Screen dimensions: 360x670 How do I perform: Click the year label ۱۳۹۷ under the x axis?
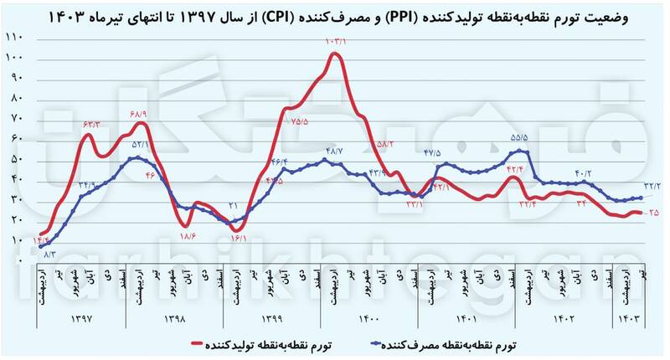pos(82,320)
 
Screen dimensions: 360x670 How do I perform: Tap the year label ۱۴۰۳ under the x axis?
pos(629,320)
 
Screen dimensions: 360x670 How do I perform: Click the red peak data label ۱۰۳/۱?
pos(335,41)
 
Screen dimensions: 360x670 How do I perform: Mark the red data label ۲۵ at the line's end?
pos(652,213)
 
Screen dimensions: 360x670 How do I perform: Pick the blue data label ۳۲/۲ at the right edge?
pos(653,187)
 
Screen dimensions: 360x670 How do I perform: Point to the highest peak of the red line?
pos(335,54)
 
